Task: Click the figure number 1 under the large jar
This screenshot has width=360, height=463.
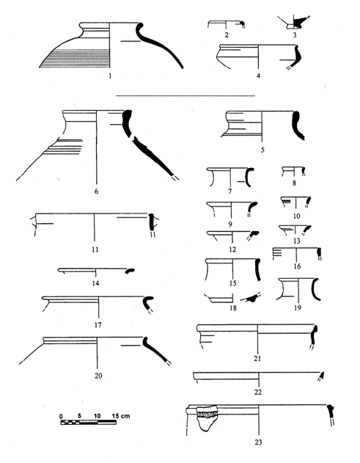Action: point(110,76)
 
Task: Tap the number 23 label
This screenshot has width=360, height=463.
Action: point(258,442)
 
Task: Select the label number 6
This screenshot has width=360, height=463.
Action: point(96,192)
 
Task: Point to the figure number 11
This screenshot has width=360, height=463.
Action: point(95,249)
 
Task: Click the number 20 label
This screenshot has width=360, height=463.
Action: point(98,376)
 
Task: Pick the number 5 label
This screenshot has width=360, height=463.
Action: point(262,150)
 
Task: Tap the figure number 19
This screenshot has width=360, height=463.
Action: point(298,308)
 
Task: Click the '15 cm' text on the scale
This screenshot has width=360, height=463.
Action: point(121,416)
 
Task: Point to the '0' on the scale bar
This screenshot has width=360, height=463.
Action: point(61,416)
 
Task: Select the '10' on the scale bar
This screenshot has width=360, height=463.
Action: point(97,416)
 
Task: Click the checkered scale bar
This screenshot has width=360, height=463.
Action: point(88,422)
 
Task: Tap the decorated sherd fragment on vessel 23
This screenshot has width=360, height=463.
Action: point(207,418)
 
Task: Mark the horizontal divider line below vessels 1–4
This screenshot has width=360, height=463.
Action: point(185,95)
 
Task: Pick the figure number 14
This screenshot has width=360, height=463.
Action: point(95,283)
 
